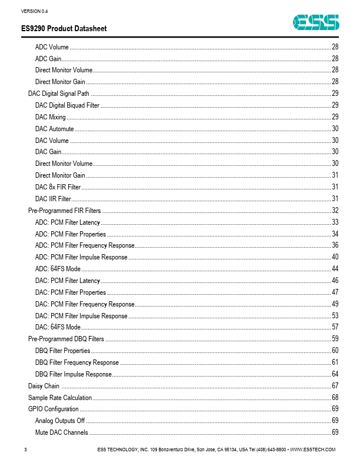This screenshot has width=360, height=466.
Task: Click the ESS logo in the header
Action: click(318, 23)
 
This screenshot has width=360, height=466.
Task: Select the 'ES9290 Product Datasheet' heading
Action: click(64, 29)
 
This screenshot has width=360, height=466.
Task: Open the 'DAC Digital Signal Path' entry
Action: click(59, 94)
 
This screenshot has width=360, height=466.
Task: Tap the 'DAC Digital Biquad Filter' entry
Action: click(67, 105)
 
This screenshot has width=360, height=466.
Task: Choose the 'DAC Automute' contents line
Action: click(55, 129)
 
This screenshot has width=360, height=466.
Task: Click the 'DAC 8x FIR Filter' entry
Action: click(58, 187)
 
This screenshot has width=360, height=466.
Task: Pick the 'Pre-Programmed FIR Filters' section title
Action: click(65, 211)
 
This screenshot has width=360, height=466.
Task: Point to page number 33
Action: click(335, 222)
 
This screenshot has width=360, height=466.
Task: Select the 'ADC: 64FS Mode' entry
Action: click(58, 269)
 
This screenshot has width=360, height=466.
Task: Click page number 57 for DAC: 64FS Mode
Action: click(335, 327)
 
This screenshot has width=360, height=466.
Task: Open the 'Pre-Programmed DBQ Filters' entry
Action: click(66, 339)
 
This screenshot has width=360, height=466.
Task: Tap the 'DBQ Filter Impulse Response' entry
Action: click(73, 374)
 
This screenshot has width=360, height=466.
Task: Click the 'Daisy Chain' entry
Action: click(44, 386)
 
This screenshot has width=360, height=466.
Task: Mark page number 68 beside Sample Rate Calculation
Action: click(335, 398)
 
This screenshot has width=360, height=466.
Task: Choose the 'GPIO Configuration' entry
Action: click(53, 409)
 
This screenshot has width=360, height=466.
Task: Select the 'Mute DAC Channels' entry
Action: click(62, 432)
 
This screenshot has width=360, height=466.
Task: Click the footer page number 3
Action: click(26, 450)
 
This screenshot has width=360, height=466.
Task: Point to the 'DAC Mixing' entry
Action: click(51, 117)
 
